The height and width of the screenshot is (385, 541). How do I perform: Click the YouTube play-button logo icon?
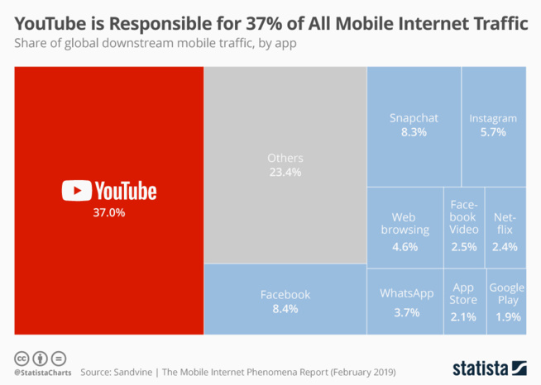click(x=76, y=191)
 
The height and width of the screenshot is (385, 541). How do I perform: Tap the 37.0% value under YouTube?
click(x=108, y=212)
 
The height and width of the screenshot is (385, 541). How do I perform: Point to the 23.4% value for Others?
click(x=285, y=173)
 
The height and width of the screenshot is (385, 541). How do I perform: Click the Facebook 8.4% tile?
click(x=285, y=301)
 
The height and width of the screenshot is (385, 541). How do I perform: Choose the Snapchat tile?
click(x=414, y=125)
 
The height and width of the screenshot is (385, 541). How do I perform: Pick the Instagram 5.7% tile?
click(x=493, y=125)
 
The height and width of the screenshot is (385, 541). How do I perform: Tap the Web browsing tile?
click(x=405, y=228)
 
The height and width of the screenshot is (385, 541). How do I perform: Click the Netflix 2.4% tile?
click(x=505, y=228)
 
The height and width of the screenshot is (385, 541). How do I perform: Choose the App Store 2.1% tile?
click(x=463, y=302)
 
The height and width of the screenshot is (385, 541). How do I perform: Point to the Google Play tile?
click(x=506, y=302)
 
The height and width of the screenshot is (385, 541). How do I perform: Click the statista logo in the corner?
click(x=490, y=366)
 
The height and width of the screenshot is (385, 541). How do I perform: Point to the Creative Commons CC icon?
click(x=22, y=359)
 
